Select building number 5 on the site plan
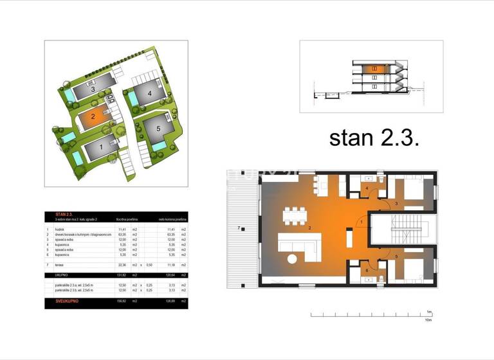click(x=156, y=127)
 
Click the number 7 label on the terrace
click(x=239, y=228)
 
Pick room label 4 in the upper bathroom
click(x=367, y=188)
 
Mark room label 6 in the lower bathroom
click(x=367, y=270)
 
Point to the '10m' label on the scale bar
click(x=428, y=319)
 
